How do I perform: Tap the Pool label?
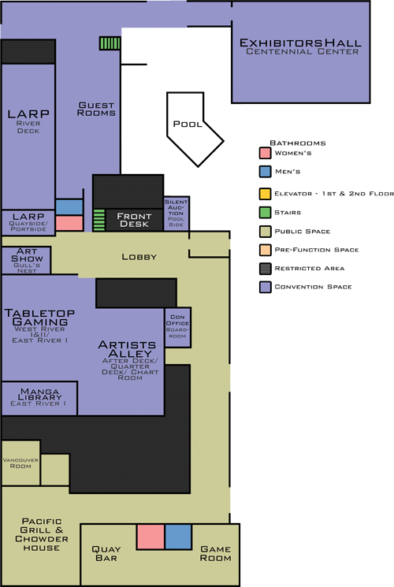pos(188,124)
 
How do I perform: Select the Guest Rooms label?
pos(97,109)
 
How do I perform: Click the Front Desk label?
pos(134,219)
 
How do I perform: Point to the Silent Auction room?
pos(176,214)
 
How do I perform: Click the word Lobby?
pos(139,257)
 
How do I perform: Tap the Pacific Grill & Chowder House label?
pos(41,534)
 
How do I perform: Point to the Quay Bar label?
pos(105,553)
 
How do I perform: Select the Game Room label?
pos(215,553)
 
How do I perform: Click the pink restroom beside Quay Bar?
pos(150,537)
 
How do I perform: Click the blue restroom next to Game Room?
pos(178,537)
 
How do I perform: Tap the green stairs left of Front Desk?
pos(99,220)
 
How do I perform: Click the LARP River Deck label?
pos(28,119)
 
